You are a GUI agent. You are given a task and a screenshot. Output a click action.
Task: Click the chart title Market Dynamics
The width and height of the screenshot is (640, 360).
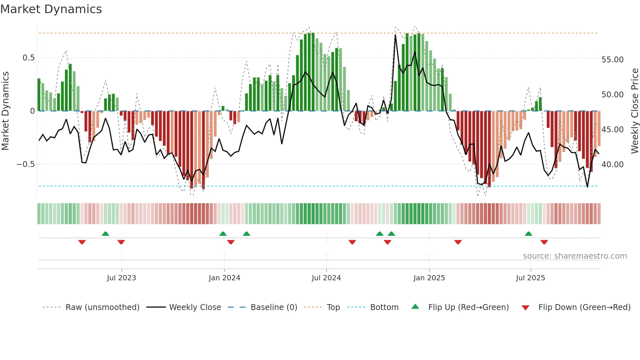[x=51, y=9]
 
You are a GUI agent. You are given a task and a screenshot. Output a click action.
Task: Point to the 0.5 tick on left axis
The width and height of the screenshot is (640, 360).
[x=28, y=58]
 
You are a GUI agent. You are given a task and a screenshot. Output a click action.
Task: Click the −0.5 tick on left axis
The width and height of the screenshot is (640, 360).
[x=25, y=164]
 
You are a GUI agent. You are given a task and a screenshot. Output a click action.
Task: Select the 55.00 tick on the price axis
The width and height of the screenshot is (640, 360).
[x=612, y=60]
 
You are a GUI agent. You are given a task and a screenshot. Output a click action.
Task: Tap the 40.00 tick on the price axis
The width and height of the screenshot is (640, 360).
[x=612, y=164]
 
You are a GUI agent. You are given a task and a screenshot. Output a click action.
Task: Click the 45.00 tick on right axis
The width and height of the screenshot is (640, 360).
[x=612, y=130]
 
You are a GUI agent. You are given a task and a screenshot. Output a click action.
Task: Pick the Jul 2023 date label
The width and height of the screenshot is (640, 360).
[x=121, y=278]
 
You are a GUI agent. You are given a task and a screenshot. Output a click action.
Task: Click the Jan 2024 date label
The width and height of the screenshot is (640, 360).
[x=224, y=278]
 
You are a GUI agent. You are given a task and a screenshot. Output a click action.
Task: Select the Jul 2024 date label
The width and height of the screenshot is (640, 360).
[x=326, y=278]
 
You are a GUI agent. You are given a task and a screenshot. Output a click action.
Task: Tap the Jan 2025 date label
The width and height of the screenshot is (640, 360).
[x=429, y=278]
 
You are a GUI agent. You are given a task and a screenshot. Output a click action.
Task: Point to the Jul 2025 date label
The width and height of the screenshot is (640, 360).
[x=530, y=278]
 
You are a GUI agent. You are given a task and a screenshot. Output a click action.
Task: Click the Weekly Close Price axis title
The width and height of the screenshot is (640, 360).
[x=634, y=111]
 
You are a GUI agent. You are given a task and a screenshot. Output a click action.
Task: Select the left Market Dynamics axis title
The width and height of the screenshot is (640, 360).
[x=5, y=111]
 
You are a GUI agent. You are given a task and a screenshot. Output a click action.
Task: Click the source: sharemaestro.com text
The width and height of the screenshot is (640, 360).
[x=575, y=256]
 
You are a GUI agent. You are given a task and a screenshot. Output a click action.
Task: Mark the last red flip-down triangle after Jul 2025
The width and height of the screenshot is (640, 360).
[x=544, y=242]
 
